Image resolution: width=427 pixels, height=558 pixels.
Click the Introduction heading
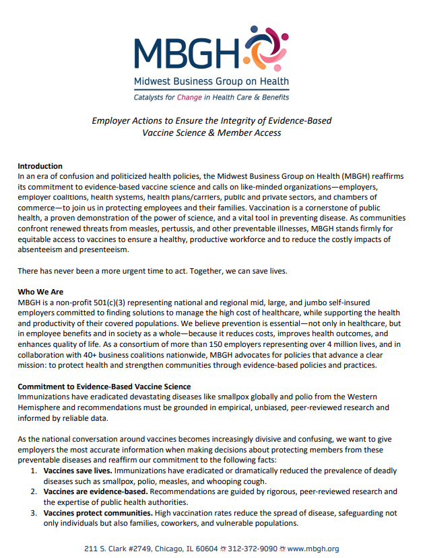[x=40, y=166]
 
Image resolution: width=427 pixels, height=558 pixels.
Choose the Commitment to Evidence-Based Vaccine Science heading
[x=104, y=387]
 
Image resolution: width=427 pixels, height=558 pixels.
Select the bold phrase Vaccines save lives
[x=79, y=471]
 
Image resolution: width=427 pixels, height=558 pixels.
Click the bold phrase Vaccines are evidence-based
[x=95, y=491]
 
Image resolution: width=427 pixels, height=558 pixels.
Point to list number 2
[x=34, y=491]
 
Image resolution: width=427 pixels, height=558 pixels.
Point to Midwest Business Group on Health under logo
[x=211, y=82]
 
